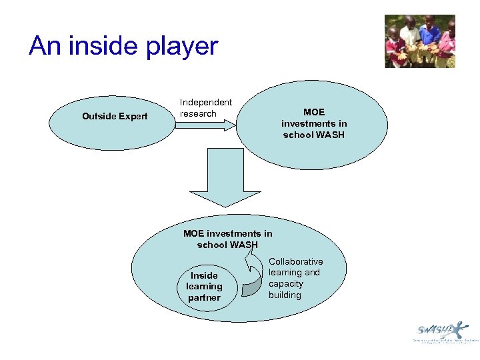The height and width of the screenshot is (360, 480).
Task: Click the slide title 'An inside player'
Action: pyautogui.click(x=123, y=46)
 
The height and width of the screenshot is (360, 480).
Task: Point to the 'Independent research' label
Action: pyautogui.click(x=205, y=108)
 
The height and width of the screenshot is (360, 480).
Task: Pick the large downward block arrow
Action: pyautogui.click(x=225, y=176)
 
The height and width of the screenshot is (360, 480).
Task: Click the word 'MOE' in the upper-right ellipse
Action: pyautogui.click(x=314, y=112)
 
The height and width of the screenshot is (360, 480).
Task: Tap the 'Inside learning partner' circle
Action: pyautogui.click(x=204, y=286)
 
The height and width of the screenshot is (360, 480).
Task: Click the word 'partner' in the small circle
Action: pyautogui.click(x=204, y=298)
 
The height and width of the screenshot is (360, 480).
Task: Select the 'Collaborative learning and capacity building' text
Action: pyautogui.click(x=295, y=278)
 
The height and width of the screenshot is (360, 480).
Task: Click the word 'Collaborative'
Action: pyautogui.click(x=296, y=261)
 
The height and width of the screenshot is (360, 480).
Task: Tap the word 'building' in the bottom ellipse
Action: pyautogui.click(x=285, y=295)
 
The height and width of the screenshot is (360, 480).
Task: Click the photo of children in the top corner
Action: pyautogui.click(x=420, y=41)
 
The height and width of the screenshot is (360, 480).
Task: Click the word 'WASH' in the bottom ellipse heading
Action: pyautogui.click(x=244, y=245)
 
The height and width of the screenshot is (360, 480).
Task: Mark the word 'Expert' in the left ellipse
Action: pyautogui.click(x=133, y=117)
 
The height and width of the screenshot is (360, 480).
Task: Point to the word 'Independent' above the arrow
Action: pyautogui.click(x=206, y=102)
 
